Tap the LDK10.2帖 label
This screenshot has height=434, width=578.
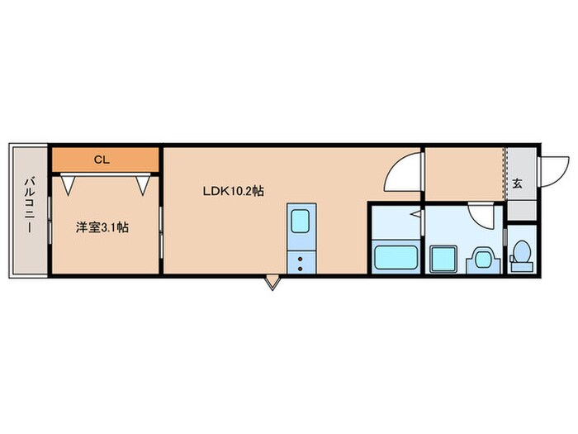(234, 191)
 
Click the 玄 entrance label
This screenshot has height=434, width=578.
(517, 184)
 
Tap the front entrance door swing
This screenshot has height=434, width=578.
(551, 172)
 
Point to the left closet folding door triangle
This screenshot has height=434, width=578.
(68, 184)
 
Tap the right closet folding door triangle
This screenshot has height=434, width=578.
(145, 184)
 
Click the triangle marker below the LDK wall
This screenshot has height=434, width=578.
(272, 284)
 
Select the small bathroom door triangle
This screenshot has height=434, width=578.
(418, 215)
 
